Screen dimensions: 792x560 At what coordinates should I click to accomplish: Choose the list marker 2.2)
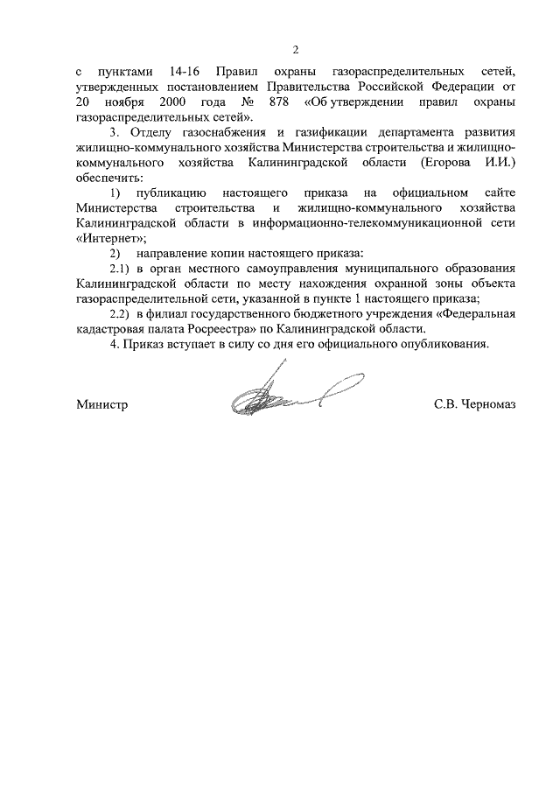pos(119,312)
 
